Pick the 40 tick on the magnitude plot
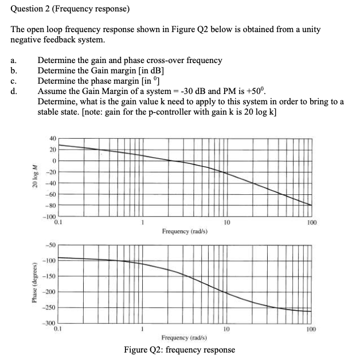(x=52, y=138)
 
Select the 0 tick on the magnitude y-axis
(x=53, y=161)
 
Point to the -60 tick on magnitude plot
(x=51, y=194)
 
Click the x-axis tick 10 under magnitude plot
(x=226, y=222)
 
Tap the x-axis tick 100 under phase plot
(x=311, y=330)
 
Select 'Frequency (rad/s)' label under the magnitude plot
(x=184, y=232)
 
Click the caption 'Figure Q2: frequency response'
(x=179, y=350)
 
